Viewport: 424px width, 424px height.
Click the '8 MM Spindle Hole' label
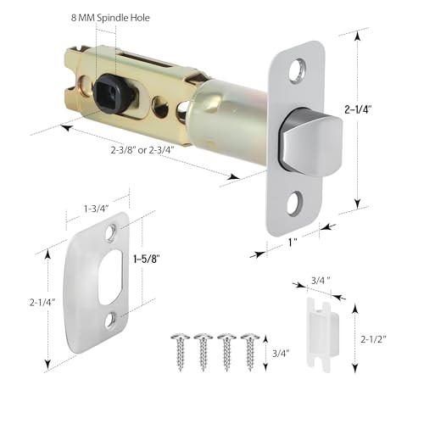tap(110, 18)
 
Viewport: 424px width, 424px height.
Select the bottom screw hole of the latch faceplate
tap(295, 204)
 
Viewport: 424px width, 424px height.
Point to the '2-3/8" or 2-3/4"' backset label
tap(142, 150)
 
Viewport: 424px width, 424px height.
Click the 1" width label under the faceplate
tap(293, 243)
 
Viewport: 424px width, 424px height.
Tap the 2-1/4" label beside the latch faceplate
tap(358, 109)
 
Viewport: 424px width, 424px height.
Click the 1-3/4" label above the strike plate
tap(97, 209)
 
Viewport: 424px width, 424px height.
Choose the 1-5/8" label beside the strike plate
tap(147, 259)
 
